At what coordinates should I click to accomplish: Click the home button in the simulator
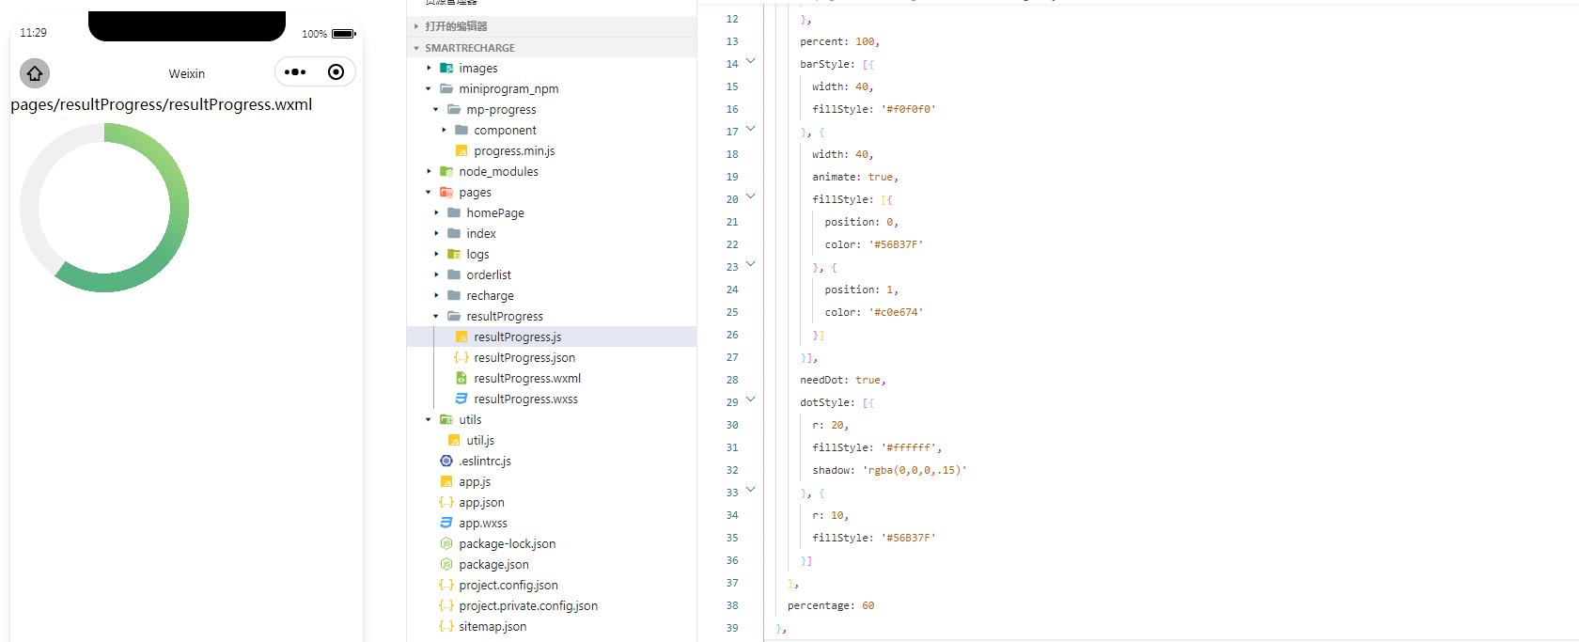[35, 73]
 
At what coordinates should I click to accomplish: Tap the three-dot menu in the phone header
[295, 72]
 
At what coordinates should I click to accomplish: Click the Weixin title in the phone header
[186, 73]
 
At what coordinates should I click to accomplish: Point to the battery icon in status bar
[343, 34]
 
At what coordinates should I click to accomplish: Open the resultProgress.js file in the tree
[517, 337]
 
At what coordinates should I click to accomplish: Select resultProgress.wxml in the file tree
[526, 379]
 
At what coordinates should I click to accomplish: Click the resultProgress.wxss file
[525, 399]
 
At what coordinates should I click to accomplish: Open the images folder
[477, 69]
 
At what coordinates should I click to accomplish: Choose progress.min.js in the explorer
[513, 151]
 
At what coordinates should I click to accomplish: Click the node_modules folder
[498, 172]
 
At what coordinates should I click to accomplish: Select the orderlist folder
[489, 275]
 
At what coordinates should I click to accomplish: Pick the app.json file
[481, 503]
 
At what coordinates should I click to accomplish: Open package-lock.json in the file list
[507, 544]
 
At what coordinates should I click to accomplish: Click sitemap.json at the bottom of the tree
[492, 627]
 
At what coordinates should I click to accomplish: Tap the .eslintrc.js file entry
[484, 462]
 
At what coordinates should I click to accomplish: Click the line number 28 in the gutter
[732, 380]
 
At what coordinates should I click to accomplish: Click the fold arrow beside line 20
[750, 196]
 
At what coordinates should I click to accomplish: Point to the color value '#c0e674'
[896, 313]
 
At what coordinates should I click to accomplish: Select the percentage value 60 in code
[868, 606]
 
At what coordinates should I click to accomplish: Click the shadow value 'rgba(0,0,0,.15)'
[915, 471]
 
